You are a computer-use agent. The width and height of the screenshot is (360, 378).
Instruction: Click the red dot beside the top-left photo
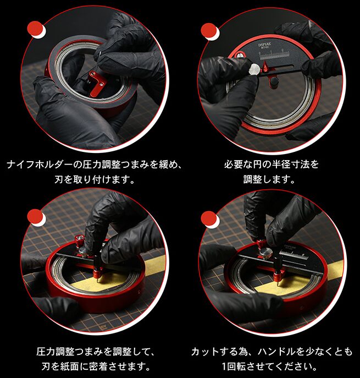click(35, 29)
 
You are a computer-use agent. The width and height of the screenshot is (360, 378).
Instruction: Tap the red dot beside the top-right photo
click(209, 31)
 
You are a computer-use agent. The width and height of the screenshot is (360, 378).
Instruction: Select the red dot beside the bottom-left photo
click(35, 217)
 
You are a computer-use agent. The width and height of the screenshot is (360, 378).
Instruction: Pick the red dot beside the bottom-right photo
click(209, 218)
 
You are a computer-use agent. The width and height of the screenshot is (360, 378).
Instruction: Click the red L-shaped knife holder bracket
click(96, 81)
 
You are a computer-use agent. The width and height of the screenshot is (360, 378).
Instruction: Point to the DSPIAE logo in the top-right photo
click(264, 45)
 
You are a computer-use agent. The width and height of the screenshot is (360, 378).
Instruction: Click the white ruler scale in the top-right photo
click(274, 54)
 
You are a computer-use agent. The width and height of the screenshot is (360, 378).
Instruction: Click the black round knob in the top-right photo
click(274, 83)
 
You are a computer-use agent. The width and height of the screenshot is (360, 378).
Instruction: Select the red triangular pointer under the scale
click(265, 67)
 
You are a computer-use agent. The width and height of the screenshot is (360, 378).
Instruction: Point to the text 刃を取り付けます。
click(95, 179)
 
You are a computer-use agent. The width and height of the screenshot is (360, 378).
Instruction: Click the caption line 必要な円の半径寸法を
click(272, 165)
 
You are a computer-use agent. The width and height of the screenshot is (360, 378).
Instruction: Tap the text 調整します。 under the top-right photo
click(269, 179)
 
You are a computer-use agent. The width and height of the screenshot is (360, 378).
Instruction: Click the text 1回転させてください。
click(269, 366)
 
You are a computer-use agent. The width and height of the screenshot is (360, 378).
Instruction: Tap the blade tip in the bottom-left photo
click(99, 282)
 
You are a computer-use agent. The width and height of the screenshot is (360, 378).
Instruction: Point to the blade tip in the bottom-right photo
click(279, 285)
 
